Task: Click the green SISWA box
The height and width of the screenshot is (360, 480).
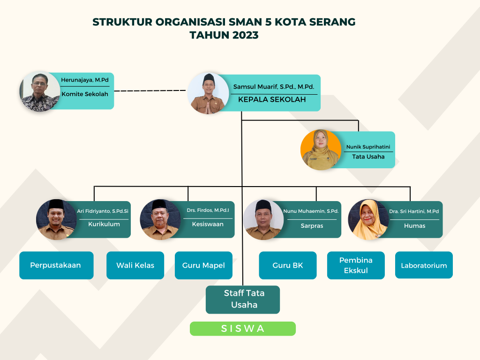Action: coord(242,329)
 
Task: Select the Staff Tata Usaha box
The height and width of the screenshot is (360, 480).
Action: coord(243,299)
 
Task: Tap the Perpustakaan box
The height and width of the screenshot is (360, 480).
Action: coord(56,265)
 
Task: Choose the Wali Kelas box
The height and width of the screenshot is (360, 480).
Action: coord(135,265)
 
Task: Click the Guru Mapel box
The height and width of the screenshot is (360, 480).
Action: coord(203,265)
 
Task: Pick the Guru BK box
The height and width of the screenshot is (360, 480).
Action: coord(288,265)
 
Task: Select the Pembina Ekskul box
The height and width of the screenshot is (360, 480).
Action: coord(356,265)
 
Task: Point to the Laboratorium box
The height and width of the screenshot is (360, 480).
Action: coord(424,265)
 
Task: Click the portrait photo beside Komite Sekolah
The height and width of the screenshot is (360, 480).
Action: coord(40,91)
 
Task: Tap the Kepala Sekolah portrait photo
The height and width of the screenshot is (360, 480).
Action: coord(208,93)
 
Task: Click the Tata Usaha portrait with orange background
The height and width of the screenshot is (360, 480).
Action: coord(321,150)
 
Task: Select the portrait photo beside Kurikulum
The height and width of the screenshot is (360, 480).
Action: coord(56,219)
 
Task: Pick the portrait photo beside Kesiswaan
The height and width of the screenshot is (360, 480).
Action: coord(160,219)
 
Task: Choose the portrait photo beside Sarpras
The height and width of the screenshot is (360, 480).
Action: coord(263,219)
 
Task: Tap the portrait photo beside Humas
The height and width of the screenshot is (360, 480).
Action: coord(368,219)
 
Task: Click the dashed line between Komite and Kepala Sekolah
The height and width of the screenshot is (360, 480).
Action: coord(150,90)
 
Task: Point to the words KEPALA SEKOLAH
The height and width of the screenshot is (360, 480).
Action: coord(272,100)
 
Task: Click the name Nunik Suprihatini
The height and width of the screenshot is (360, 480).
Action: coord(368,147)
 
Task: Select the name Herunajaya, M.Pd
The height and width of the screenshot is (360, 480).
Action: coord(88,80)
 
